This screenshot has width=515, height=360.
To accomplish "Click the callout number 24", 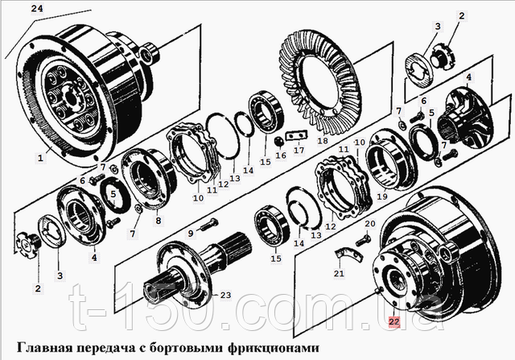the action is (37, 8).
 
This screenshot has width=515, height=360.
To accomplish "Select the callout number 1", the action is (40, 158).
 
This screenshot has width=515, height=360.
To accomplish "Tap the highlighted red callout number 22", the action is (394, 321).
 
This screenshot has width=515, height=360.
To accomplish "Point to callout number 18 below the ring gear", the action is (323, 141).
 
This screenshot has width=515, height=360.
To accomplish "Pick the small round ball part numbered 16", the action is (279, 142).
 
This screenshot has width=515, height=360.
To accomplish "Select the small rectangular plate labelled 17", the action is (296, 135).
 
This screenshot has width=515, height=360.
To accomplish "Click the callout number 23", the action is (225, 296).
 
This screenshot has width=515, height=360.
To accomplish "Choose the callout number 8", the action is (159, 220).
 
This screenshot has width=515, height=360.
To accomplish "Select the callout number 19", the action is (382, 197).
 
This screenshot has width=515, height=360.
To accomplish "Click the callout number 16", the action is (281, 155).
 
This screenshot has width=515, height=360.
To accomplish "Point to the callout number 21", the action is (339, 273).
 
